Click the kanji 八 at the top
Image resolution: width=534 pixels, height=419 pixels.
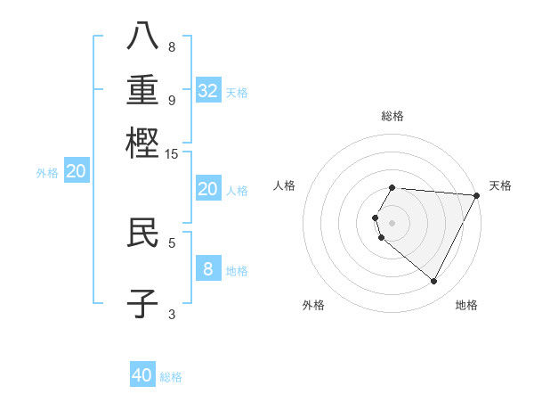[142, 35]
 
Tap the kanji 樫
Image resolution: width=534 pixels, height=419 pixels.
[142, 142]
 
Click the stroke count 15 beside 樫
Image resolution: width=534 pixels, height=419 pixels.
[172, 154]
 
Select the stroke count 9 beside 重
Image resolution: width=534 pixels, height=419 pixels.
[172, 100]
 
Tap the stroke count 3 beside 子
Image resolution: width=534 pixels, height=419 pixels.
[172, 314]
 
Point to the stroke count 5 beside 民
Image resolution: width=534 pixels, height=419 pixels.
[172, 242]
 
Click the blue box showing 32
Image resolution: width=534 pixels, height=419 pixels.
[208, 90]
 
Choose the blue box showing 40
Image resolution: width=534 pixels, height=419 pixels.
[142, 375]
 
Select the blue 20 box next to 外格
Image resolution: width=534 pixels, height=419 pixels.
[77, 172]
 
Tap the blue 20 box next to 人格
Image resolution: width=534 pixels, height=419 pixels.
[207, 189]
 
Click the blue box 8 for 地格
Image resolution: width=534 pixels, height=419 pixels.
[207, 268]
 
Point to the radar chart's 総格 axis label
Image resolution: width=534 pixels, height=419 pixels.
[392, 116]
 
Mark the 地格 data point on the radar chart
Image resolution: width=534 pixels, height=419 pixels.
[434, 282]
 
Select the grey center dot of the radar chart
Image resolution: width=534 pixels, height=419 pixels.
[392, 222]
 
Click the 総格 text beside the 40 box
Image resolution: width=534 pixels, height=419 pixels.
[171, 377]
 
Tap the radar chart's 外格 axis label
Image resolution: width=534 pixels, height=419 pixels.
[313, 305]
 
